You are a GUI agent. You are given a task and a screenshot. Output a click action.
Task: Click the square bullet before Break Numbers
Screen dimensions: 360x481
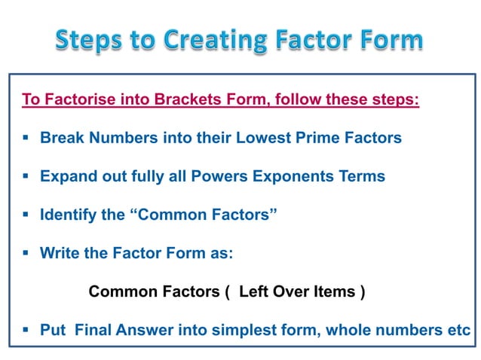click(26, 138)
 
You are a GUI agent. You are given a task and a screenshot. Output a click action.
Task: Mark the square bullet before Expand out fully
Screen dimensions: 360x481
click(26, 176)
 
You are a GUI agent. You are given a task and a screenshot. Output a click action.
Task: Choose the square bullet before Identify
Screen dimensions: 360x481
click(26, 215)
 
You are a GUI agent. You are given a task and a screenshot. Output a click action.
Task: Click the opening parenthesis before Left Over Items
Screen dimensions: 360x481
click(227, 291)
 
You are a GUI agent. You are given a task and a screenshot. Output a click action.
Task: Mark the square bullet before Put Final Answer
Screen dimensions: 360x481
click(26, 330)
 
